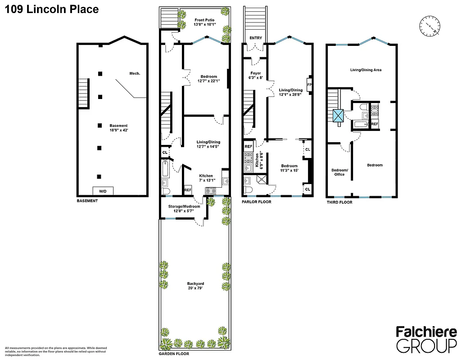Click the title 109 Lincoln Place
tap(52, 9)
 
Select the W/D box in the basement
tap(103, 191)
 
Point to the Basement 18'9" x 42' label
tap(118, 128)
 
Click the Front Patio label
tap(204, 22)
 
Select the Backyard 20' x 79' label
tap(195, 286)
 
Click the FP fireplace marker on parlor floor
tap(309, 84)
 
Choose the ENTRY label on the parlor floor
tap(255, 38)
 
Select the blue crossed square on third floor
tap(338, 115)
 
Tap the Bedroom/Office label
tap(339, 172)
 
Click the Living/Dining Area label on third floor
tap(366, 70)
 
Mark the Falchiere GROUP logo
tap(425, 338)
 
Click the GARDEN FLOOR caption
tap(174, 354)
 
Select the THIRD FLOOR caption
tap(339, 202)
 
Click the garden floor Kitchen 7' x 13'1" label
tap(206, 178)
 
